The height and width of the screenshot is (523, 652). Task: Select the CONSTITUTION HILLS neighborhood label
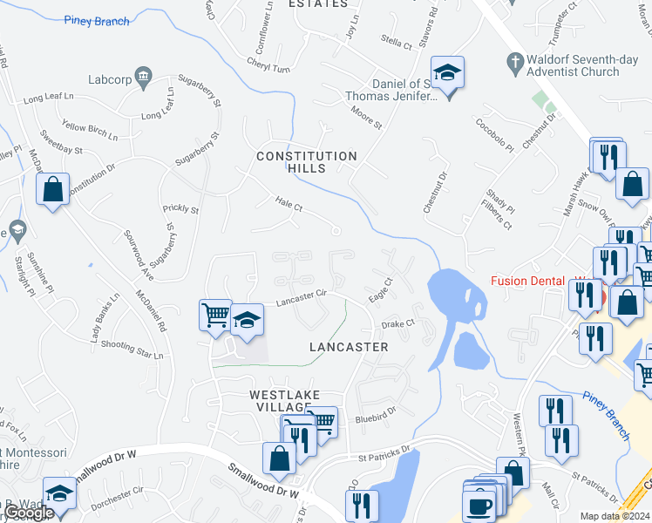[x=306, y=162]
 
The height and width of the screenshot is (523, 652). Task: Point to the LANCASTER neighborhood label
[x=349, y=347]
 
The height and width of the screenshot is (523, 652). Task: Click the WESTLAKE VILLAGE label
[x=281, y=401]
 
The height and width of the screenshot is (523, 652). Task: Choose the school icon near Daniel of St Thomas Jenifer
[x=447, y=74]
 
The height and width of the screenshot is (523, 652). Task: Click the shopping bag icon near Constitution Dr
[x=52, y=188]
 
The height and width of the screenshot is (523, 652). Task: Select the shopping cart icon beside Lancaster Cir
[x=214, y=314]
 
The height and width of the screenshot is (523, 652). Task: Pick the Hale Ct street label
[x=288, y=207]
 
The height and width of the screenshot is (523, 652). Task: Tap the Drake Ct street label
[x=396, y=324]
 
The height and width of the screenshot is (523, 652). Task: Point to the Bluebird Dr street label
[x=376, y=418]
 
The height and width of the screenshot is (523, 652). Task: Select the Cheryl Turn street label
[x=268, y=68]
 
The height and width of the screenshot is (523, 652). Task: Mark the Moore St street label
[x=366, y=119]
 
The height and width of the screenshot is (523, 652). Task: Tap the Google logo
[x=28, y=513]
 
